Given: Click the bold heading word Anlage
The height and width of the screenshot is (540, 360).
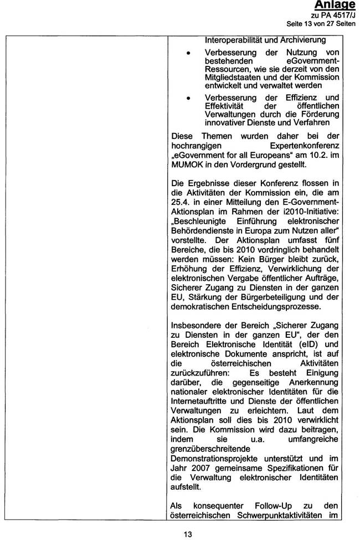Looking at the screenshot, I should click(x=335, y=5).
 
